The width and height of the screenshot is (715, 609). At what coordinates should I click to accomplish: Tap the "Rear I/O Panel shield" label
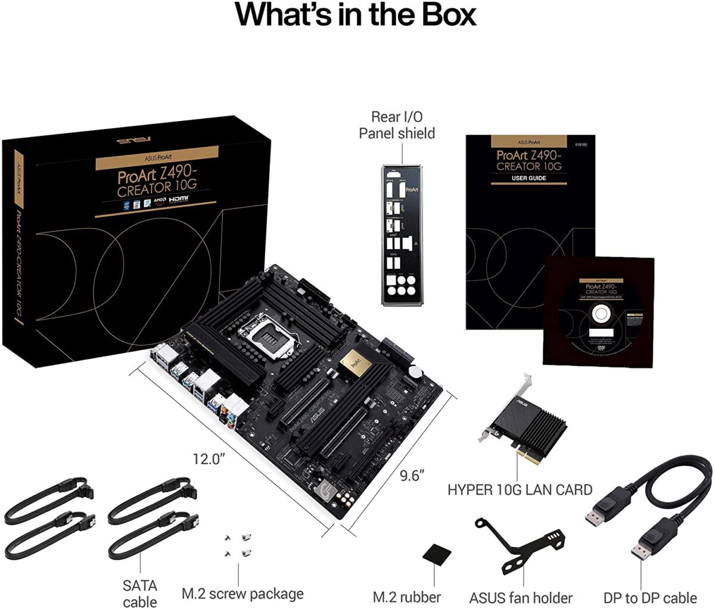(396, 125)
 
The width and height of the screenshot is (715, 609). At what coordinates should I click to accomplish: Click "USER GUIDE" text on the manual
(529, 178)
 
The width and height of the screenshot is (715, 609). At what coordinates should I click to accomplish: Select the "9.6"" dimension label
(412, 475)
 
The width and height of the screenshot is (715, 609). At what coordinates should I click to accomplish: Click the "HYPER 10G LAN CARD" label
(520, 490)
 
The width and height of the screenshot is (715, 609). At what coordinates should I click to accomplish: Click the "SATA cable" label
(140, 594)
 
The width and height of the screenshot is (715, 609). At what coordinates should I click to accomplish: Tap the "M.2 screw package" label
(243, 594)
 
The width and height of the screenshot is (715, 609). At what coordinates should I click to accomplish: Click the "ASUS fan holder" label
(521, 597)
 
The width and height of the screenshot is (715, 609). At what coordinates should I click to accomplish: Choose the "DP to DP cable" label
(650, 597)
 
